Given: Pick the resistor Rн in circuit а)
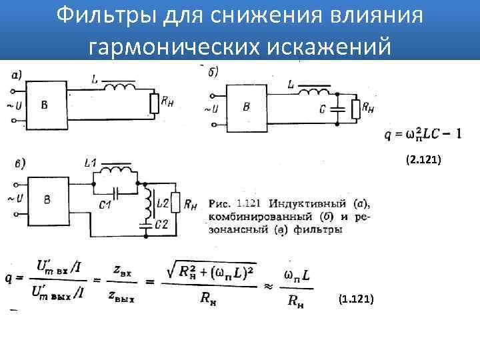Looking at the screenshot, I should point(154,103).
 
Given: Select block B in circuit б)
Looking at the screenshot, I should point(247,107).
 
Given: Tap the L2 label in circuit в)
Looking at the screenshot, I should point(162,201).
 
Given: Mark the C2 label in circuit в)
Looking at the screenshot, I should point(161,225).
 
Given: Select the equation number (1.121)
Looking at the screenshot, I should point(357,301).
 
